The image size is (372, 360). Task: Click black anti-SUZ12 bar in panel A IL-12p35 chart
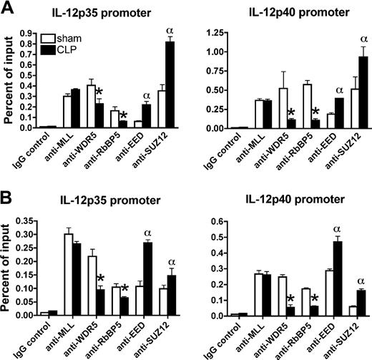point(170,84)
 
